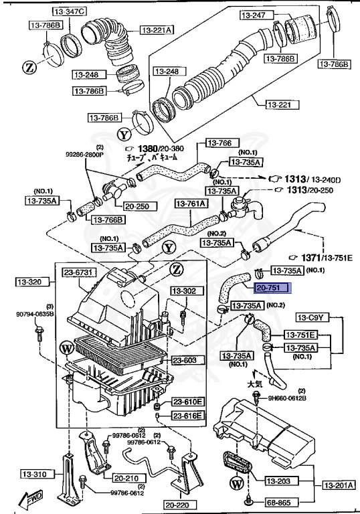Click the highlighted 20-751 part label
[271, 288]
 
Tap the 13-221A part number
[157, 29]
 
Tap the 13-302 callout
[183, 291]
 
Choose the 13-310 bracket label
[28, 475]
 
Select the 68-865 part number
[280, 500]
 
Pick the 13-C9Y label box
[310, 317]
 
